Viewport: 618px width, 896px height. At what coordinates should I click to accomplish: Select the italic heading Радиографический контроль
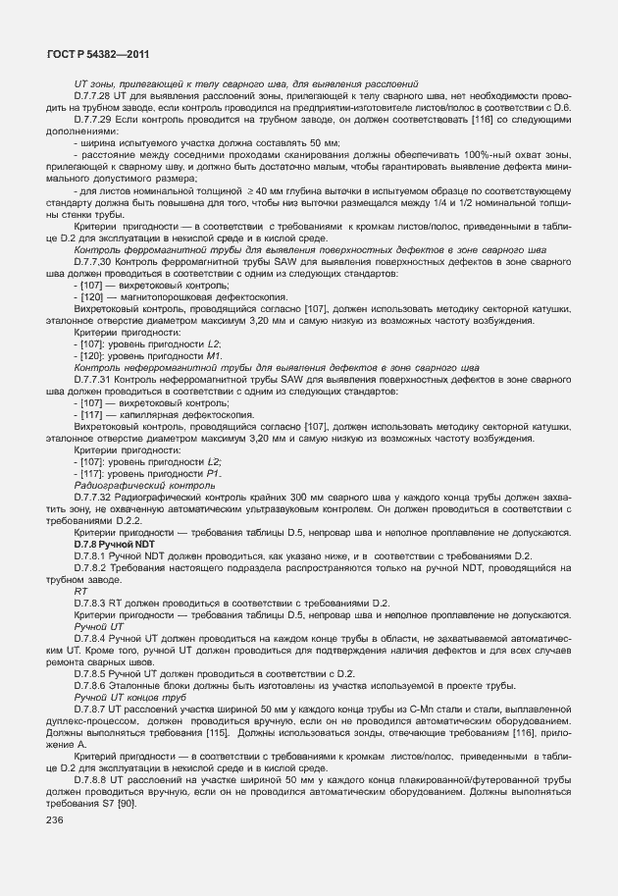[137, 485]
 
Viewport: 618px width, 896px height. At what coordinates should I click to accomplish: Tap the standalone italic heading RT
[80, 591]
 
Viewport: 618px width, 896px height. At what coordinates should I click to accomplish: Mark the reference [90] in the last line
[126, 803]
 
